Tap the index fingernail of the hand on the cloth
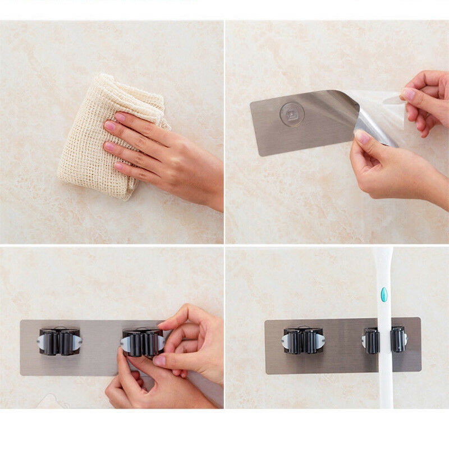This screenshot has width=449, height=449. (x=120, y=117)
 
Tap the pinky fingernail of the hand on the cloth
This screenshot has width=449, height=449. (x=119, y=167)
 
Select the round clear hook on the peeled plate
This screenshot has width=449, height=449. (x=292, y=114)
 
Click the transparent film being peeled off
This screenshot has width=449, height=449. (x=382, y=112)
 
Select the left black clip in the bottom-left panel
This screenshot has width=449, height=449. (x=59, y=341)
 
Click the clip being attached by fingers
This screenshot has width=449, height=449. (x=141, y=342)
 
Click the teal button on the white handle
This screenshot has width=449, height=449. (x=384, y=294)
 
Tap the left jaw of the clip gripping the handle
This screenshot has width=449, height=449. (x=371, y=340)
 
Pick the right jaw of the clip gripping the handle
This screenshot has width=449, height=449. (x=398, y=339)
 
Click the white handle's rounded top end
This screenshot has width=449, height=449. (x=383, y=253)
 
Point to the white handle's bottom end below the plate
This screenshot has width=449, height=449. (x=386, y=393)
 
